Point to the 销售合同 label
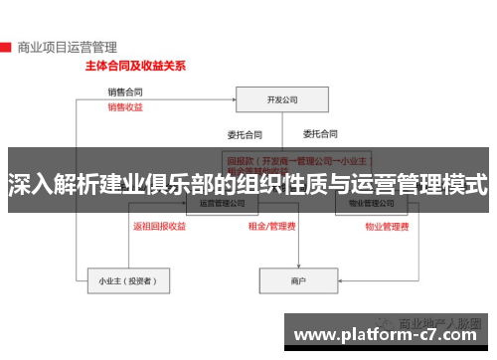pyautogui.click(x=125, y=92)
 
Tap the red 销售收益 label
pyautogui.click(x=125, y=106)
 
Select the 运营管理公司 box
pyautogui.click(x=225, y=203)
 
